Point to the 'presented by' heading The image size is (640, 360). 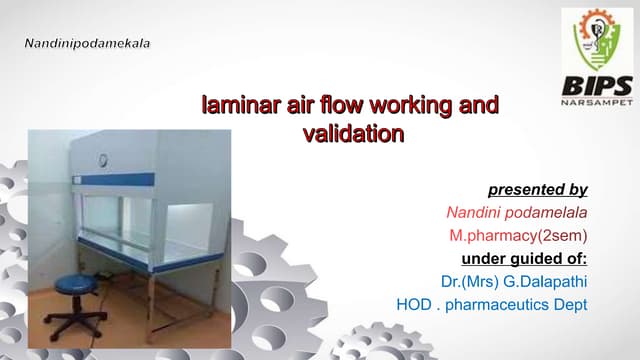[x=537, y=189]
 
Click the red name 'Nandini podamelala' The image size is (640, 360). [x=516, y=212]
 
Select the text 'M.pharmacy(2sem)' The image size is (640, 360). [x=518, y=235]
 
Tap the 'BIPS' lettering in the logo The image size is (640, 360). [x=595, y=84]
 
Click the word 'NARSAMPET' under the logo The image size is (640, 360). [x=595, y=102]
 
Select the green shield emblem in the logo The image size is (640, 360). [x=595, y=40]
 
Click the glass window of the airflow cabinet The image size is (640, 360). [x=150, y=215]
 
